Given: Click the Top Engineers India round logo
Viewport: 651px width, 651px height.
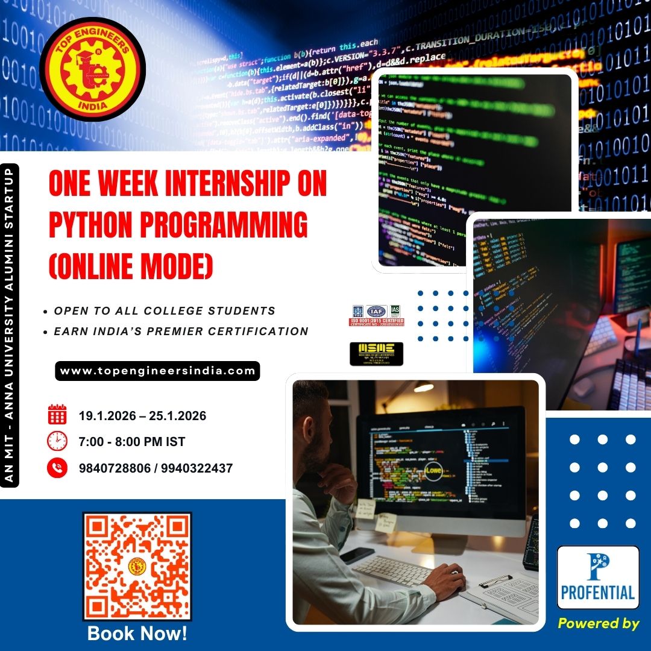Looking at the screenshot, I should pyautogui.click(x=92, y=69).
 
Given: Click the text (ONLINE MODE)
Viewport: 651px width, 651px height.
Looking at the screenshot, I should pyautogui.click(x=131, y=265).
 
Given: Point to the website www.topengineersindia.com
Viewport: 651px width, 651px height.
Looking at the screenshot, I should pyautogui.click(x=157, y=371).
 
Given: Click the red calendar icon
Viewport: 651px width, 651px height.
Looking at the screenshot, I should pyautogui.click(x=57, y=415).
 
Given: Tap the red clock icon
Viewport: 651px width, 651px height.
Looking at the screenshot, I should pyautogui.click(x=57, y=441).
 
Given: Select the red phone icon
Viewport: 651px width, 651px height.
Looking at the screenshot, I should pyautogui.click(x=57, y=468).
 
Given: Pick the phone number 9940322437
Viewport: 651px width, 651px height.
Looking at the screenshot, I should pyautogui.click(x=197, y=468).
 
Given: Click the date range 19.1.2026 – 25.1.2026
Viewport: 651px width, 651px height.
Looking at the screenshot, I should pyautogui.click(x=142, y=416).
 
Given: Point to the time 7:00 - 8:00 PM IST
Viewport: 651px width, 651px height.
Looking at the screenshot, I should pyautogui.click(x=131, y=442).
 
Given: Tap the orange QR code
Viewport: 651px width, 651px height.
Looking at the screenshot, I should pyautogui.click(x=137, y=567).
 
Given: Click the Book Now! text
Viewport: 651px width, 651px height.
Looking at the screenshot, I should pyautogui.click(x=137, y=634).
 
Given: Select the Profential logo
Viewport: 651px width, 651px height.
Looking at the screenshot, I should pyautogui.click(x=597, y=577).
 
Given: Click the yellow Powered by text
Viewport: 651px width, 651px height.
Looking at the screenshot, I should pyautogui.click(x=598, y=624).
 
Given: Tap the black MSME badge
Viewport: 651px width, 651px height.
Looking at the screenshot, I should pyautogui.click(x=376, y=354).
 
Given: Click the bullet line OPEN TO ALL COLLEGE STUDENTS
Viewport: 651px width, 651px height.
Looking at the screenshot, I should pyautogui.click(x=165, y=311).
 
